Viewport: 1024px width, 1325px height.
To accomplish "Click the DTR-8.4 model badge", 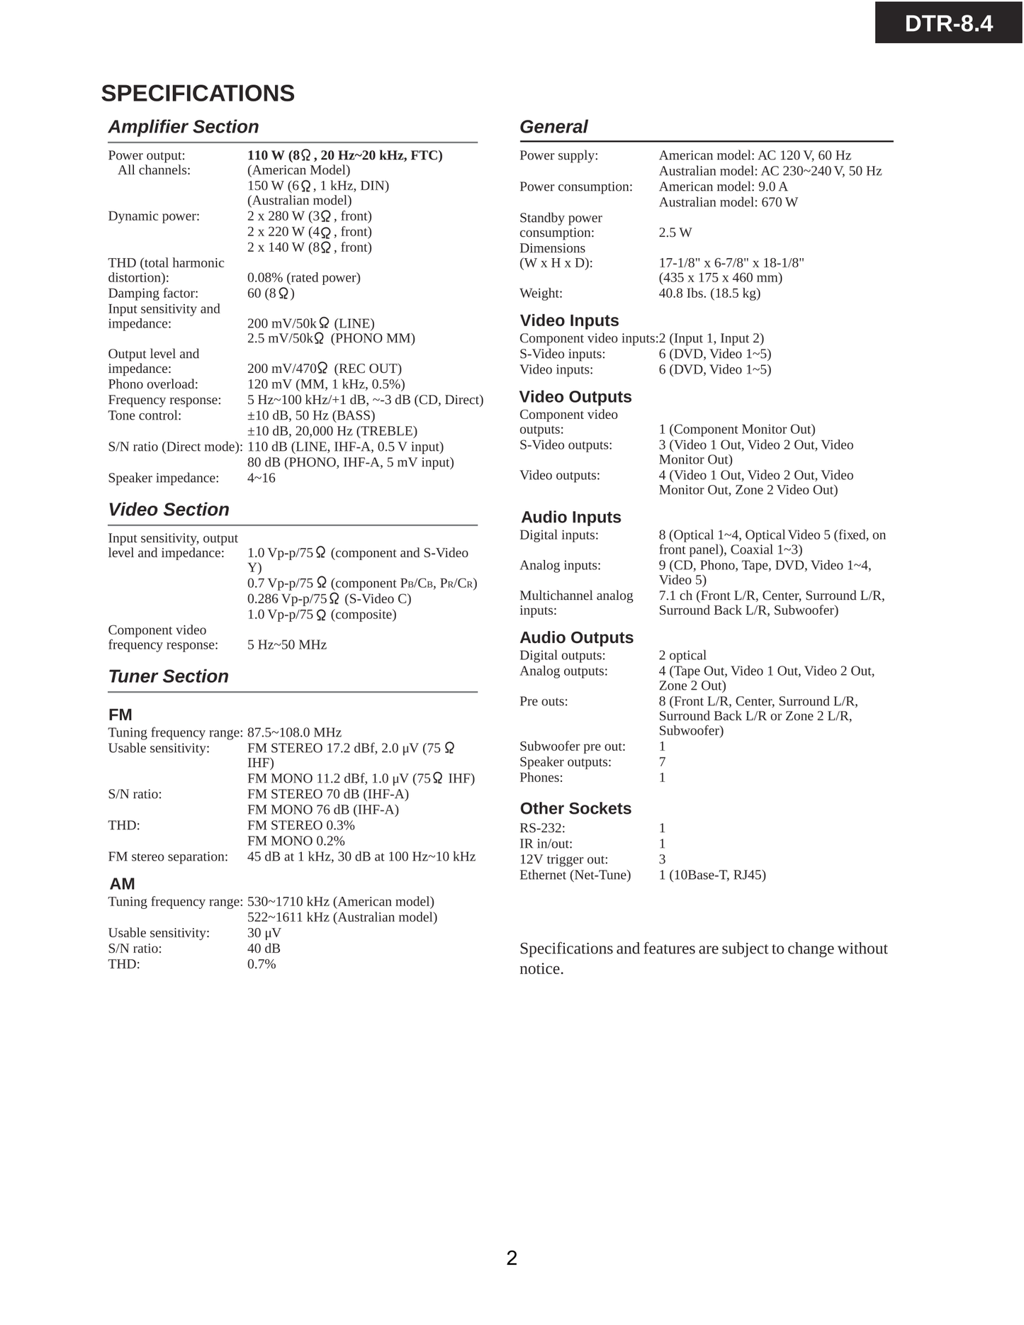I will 948,23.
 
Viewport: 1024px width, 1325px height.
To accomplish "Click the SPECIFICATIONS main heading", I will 198,94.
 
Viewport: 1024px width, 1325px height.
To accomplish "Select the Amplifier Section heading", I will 184,127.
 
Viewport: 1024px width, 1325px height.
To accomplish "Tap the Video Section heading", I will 169,510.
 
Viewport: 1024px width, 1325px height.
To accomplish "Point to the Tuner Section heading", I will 169,676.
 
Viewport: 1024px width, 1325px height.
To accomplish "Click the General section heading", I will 553,127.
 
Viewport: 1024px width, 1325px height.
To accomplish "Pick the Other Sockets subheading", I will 575,809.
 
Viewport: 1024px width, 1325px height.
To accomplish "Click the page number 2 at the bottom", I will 512,1258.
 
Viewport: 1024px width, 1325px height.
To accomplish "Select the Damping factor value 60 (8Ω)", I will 271,293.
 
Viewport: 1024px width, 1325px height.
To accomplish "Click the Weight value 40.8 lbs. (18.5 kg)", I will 709,293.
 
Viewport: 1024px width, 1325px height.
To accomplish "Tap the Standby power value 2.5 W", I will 675,233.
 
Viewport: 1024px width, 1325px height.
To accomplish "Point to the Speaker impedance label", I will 164,479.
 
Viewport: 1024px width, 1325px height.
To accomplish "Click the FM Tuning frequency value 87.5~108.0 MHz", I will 294,732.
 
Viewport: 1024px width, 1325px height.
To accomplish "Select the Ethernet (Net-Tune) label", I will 575,875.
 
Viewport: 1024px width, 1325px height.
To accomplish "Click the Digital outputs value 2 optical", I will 682,655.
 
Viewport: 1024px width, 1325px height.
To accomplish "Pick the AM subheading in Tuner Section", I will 122,884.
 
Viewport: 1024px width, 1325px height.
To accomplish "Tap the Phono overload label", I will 153,384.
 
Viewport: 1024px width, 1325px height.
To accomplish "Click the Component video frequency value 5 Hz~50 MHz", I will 287,645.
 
